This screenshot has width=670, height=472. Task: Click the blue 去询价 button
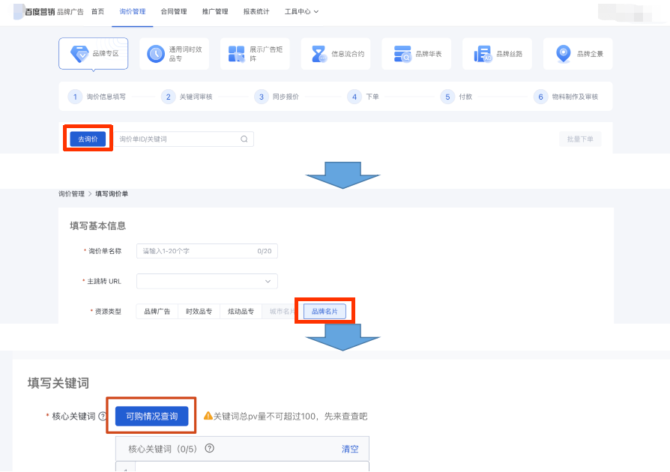[x=88, y=139]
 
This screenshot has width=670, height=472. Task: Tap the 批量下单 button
[x=579, y=139]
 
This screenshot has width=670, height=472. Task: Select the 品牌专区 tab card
[x=93, y=54]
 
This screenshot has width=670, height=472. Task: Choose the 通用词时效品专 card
[x=174, y=54]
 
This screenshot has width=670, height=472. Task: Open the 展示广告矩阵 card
[x=255, y=54]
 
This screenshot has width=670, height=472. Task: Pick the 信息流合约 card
[x=335, y=54]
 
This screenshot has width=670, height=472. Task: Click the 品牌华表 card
[x=416, y=54]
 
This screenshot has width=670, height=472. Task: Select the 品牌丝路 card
[x=497, y=54]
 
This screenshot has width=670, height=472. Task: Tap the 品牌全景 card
[x=578, y=54]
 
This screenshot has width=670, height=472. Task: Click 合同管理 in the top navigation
[x=173, y=12]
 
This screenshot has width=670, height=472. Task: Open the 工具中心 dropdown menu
[x=301, y=12]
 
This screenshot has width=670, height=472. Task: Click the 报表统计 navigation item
[x=256, y=12]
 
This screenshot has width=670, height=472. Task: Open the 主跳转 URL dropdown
[x=207, y=281]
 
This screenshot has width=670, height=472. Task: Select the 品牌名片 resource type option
[x=325, y=311]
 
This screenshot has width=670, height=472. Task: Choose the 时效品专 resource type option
[x=199, y=311]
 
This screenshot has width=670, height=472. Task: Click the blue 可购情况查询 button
[x=151, y=416]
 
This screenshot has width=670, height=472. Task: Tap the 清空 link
[x=350, y=449]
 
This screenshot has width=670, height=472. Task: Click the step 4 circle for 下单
[x=354, y=97]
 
